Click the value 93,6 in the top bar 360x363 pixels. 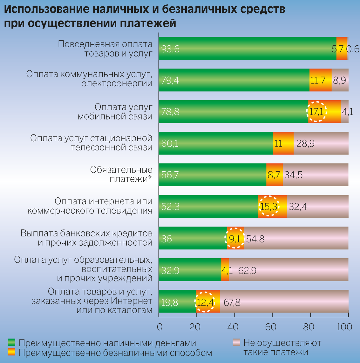pyautogui.click(x=170, y=49)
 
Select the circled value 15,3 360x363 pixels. pyautogui.click(x=269, y=207)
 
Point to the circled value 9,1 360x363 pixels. pyautogui.click(x=234, y=238)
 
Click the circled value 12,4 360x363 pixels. pyautogui.click(x=205, y=302)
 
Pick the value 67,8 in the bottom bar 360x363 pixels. pyautogui.click(x=232, y=302)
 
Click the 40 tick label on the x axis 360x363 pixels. pyautogui.click(x=234, y=327)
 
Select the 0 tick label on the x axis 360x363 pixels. pyautogui.click(x=160, y=327)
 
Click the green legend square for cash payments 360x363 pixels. pyautogui.click(x=12, y=342)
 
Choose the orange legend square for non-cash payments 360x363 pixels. pyautogui.click(x=12, y=352)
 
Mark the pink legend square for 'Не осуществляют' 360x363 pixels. pyautogui.click(x=236, y=342)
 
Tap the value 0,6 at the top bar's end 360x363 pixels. pyautogui.click(x=353, y=49)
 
